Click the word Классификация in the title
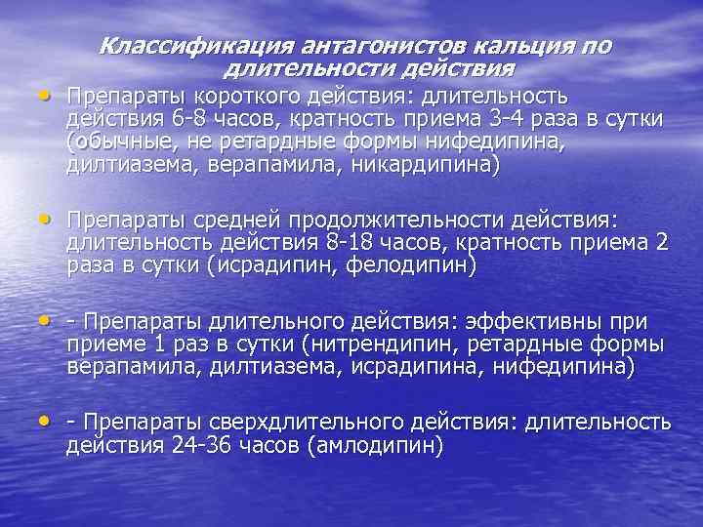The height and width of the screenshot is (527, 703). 186,46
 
